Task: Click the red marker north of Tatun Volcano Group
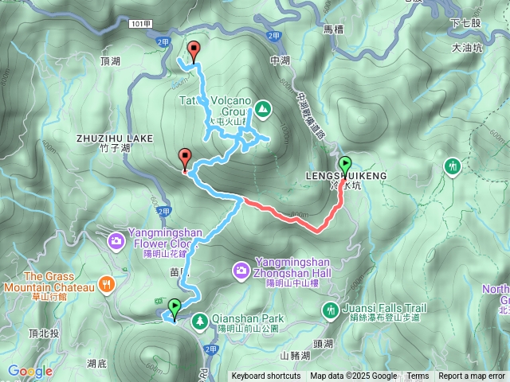coord(193,51)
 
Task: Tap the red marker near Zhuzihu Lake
coord(186,158)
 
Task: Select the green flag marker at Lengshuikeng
coord(345,166)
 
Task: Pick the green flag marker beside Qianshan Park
coord(174,306)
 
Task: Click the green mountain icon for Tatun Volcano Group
coord(263,107)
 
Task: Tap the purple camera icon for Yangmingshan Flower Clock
coord(116,239)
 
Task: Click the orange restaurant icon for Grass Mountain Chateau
coord(107,284)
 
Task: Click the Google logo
coord(30,371)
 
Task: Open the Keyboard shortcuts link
coord(266,376)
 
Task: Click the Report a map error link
coord(472,376)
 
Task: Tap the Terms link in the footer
coord(418,376)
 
